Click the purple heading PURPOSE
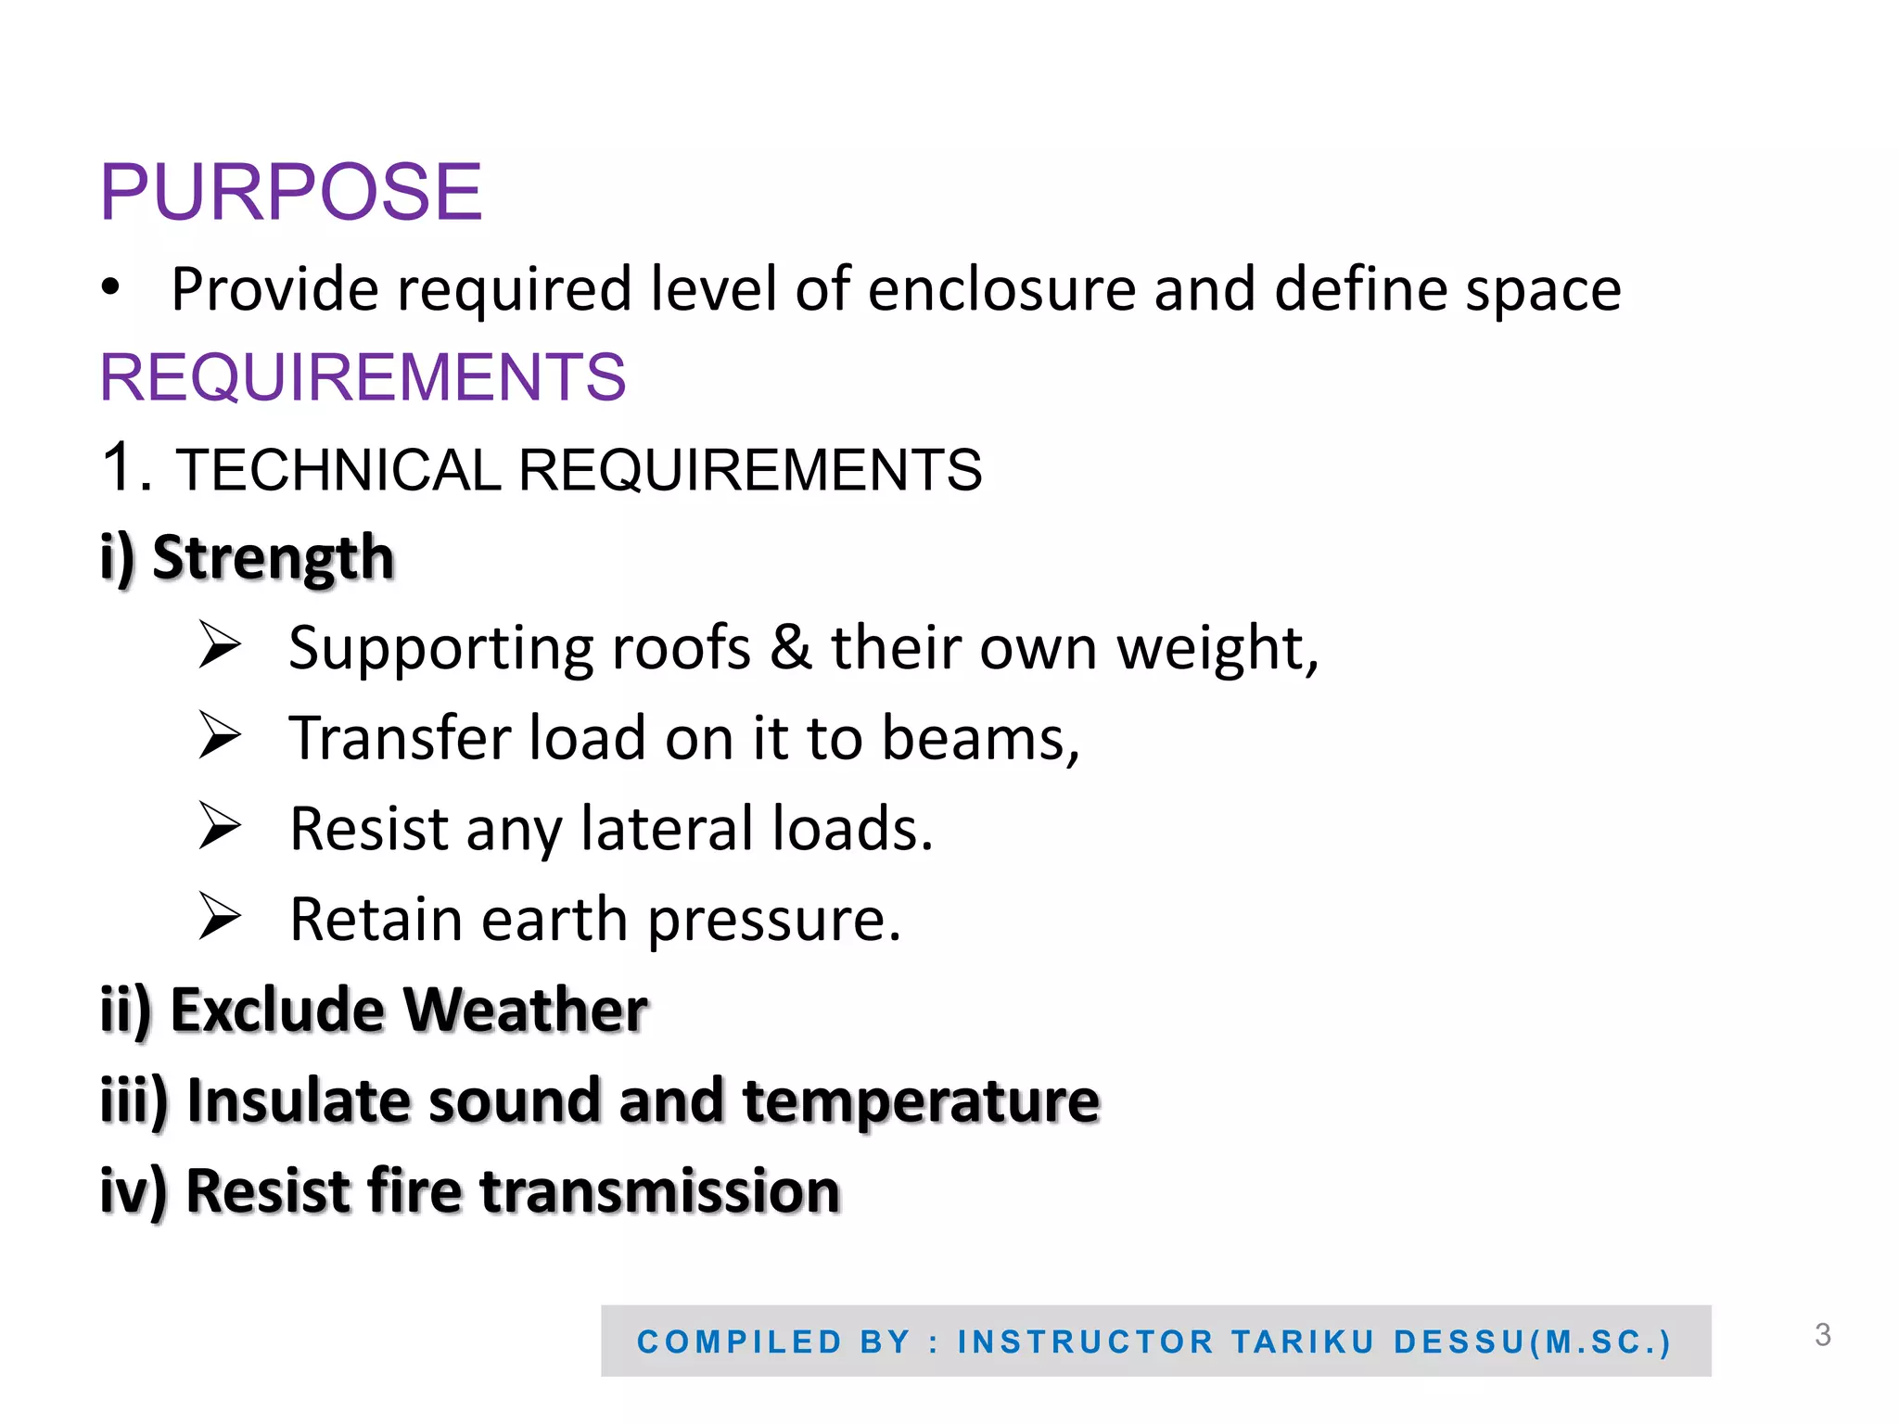(x=291, y=193)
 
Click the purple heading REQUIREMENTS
(x=363, y=378)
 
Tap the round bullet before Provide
(x=110, y=287)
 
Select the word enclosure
(x=1001, y=289)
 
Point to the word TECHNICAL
(x=338, y=470)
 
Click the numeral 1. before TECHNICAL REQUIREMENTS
(x=126, y=467)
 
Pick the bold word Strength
(x=274, y=558)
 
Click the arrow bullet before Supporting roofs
(x=220, y=646)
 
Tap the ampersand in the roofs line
(x=790, y=647)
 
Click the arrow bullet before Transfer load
(x=220, y=736)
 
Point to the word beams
(x=979, y=739)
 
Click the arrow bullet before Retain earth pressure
(x=220, y=917)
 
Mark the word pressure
(x=773, y=921)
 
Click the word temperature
(x=921, y=1101)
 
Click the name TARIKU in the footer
(x=1303, y=1341)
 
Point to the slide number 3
(x=1822, y=1335)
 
